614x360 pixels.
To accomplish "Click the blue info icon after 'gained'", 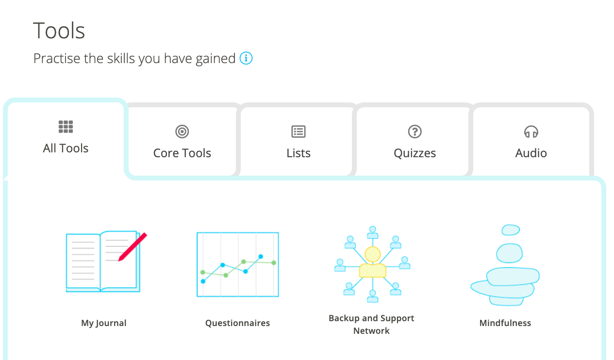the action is tap(246, 58).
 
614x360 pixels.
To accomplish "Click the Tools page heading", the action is tap(59, 31).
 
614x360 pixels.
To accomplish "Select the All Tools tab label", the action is tap(66, 148).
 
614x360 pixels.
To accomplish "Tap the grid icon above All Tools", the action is tap(66, 127).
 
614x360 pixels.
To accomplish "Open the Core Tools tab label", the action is tap(182, 153).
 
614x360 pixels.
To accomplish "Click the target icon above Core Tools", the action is tap(182, 131).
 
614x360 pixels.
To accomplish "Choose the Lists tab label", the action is tap(299, 153).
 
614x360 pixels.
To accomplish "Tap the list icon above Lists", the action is tap(299, 131).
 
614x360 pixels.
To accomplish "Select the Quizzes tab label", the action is tap(415, 153).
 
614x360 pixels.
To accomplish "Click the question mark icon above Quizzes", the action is tap(415, 131).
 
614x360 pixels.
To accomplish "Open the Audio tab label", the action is tap(531, 153).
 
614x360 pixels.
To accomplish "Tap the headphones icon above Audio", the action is tap(531, 131).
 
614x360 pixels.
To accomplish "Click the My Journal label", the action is tap(103, 323).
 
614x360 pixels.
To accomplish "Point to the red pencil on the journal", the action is tap(133, 247).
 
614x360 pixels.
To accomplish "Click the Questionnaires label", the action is tap(237, 323).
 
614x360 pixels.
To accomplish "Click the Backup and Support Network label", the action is tap(371, 325).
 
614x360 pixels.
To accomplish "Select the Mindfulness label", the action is tap(505, 323).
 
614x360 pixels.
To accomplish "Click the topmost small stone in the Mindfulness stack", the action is tap(511, 230).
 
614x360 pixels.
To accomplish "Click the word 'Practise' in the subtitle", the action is tap(57, 58).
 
